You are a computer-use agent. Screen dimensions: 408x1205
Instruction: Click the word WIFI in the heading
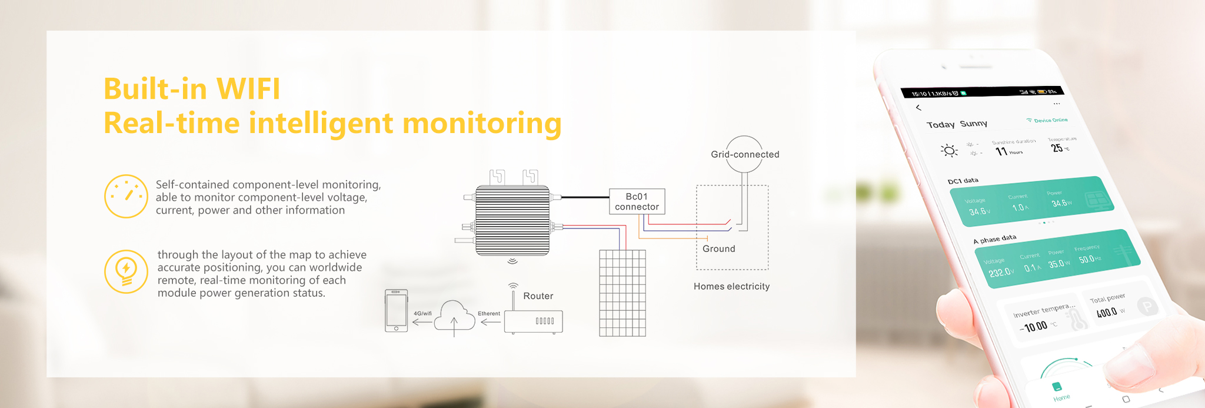click(x=248, y=89)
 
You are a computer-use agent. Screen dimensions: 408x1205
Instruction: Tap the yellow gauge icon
click(x=126, y=196)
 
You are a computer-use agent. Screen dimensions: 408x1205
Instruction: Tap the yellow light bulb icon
click(x=126, y=271)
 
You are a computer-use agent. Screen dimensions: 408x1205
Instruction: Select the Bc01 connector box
click(x=637, y=201)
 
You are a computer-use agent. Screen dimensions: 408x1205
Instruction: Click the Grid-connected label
click(x=745, y=154)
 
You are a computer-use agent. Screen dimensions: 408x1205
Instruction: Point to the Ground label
click(x=718, y=248)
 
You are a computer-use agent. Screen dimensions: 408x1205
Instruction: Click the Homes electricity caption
click(x=731, y=286)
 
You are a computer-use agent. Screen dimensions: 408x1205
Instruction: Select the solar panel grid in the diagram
click(x=623, y=293)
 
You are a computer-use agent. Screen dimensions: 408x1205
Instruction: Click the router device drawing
click(x=533, y=321)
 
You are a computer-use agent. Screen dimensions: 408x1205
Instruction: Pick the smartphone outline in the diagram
click(x=396, y=310)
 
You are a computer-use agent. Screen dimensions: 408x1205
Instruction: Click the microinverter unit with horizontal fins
click(x=512, y=221)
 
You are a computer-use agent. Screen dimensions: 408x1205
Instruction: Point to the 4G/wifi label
click(x=422, y=314)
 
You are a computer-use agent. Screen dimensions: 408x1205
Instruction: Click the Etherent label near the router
click(x=488, y=314)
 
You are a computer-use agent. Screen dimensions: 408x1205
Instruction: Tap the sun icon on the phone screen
click(x=949, y=151)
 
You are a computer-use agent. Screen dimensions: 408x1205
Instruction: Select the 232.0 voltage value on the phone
click(x=1000, y=273)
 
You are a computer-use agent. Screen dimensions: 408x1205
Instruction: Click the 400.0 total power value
click(x=1107, y=312)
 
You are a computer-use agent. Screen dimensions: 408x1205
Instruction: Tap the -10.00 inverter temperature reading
click(x=1035, y=327)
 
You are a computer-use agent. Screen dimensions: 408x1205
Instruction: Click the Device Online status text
click(x=1050, y=120)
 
